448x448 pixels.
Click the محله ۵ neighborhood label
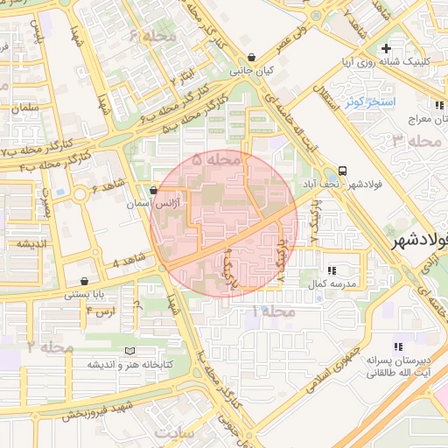tap(215, 160)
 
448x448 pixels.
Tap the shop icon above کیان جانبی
tap(252, 58)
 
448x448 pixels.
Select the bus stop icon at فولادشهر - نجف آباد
tap(341, 171)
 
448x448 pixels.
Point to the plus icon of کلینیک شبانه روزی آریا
tap(410, 47)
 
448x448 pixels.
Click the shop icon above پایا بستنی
tap(84, 282)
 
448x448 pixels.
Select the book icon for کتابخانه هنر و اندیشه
tap(130, 351)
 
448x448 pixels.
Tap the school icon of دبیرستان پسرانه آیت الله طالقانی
tap(398, 346)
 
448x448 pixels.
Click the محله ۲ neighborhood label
tap(50, 347)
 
